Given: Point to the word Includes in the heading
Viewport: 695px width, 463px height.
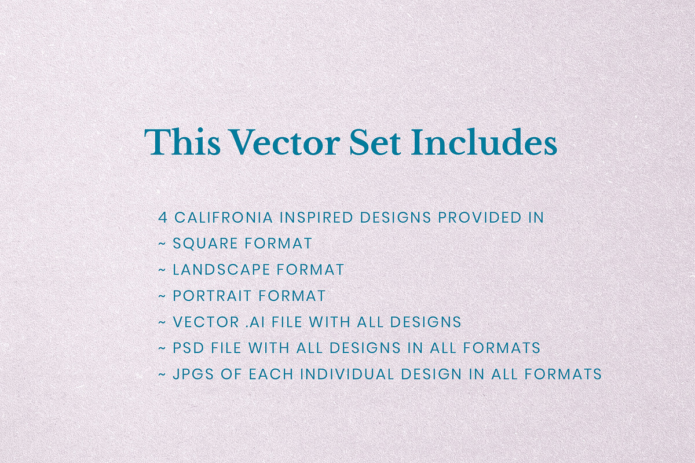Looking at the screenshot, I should click(x=484, y=142).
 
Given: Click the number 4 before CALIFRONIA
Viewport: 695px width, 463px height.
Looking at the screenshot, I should click(x=163, y=218).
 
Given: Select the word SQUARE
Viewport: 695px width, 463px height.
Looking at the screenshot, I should click(x=206, y=244).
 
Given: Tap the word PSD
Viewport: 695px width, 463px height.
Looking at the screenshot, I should click(x=186, y=348).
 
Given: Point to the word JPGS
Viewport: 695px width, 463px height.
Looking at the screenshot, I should click(x=191, y=374).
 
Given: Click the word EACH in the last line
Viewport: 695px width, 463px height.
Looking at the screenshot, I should click(x=269, y=374).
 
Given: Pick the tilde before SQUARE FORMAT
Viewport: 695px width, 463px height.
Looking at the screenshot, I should click(x=162, y=244).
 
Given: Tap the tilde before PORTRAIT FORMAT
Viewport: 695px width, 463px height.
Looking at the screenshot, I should click(x=162, y=296).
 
